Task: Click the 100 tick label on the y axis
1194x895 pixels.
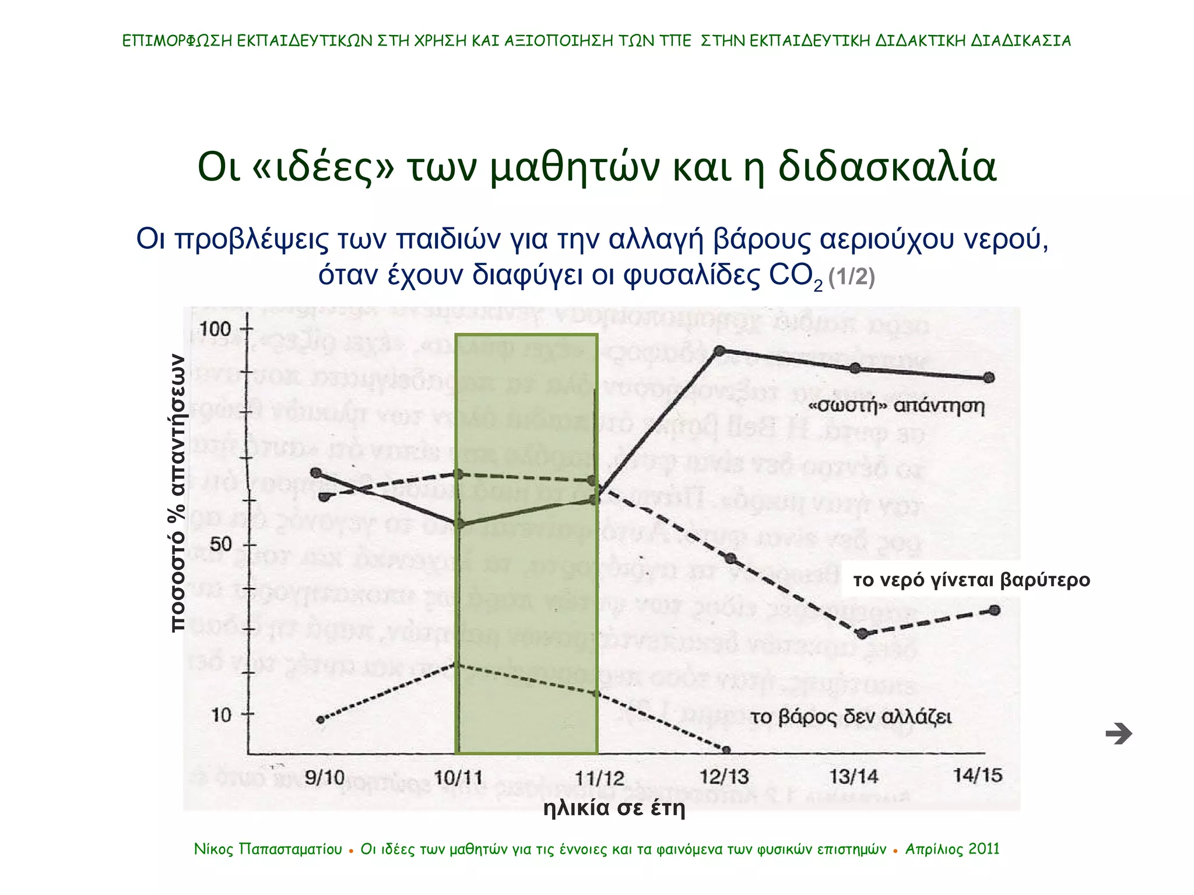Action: click(215, 329)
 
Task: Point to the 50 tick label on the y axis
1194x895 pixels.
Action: click(221, 545)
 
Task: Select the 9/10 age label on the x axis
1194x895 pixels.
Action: click(325, 777)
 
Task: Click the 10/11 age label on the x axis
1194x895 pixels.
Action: click(459, 778)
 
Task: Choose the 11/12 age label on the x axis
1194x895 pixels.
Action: click(599, 778)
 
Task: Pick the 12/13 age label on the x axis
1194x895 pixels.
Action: click(724, 777)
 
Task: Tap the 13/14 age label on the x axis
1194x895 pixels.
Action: click(854, 777)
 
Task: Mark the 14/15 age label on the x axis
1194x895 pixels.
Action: click(978, 776)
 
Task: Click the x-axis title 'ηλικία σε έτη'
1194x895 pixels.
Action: click(614, 808)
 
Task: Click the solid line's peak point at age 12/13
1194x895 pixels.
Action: click(719, 351)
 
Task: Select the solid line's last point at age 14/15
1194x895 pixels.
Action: click(989, 378)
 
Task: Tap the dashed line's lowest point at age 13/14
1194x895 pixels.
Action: click(863, 634)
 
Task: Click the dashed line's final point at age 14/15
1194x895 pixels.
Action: click(995, 610)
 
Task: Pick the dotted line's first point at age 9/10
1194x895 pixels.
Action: click(321, 720)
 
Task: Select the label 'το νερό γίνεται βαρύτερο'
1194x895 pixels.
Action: click(971, 580)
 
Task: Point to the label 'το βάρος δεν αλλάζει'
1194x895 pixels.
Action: click(851, 717)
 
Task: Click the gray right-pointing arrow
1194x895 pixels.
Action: click(1118, 734)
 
